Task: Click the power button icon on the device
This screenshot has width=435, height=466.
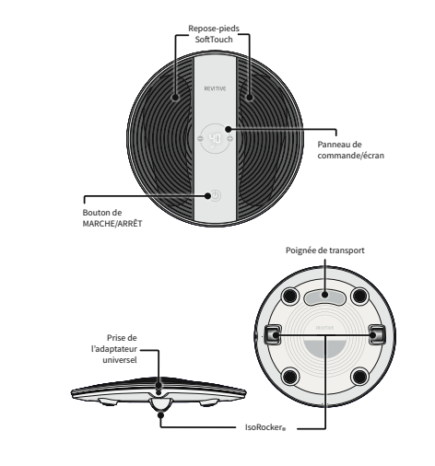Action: pyautogui.click(x=216, y=195)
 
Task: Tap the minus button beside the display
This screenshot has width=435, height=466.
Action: pyautogui.click(x=200, y=138)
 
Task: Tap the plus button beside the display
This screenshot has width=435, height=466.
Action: pyautogui.click(x=230, y=138)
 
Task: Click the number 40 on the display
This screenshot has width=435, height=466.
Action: pyautogui.click(x=215, y=139)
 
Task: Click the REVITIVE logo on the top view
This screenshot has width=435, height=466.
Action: pyautogui.click(x=215, y=88)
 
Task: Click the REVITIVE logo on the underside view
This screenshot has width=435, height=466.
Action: pyautogui.click(x=324, y=328)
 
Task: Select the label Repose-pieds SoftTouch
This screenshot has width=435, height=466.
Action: pyautogui.click(x=214, y=34)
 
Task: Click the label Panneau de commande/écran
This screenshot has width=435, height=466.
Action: pyautogui.click(x=350, y=150)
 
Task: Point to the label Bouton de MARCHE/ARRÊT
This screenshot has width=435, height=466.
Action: pyautogui.click(x=112, y=218)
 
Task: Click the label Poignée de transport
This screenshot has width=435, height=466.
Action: pyautogui.click(x=325, y=250)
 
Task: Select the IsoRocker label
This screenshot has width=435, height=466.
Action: pyautogui.click(x=265, y=427)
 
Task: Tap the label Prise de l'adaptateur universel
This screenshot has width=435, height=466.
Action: pyautogui.click(x=114, y=349)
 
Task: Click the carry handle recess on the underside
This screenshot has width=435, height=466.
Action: pyautogui.click(x=325, y=297)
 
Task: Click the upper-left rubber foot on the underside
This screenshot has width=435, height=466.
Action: pyautogui.click(x=289, y=297)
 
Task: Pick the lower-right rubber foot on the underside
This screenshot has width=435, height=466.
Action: pyautogui.click(x=359, y=377)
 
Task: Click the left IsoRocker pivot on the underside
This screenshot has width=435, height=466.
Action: pyautogui.click(x=273, y=334)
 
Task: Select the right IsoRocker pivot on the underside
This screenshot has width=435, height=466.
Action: pyautogui.click(x=377, y=334)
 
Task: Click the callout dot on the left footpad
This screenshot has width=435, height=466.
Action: pyautogui.click(x=175, y=98)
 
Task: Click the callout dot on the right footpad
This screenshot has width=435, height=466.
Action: pyautogui.click(x=250, y=98)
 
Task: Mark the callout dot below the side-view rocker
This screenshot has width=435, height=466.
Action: pyautogui.click(x=160, y=415)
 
